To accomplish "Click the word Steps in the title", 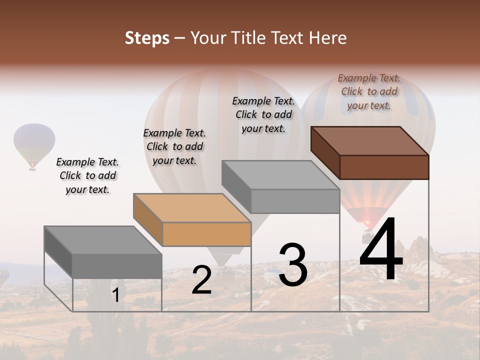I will [147, 38].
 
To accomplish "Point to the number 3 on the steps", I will [293, 265].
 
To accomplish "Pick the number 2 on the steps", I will [201, 280].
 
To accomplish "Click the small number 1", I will [115, 295].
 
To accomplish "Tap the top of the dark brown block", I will [370, 140].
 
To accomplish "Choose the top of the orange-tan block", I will [192, 207].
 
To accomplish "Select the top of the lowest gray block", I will [103, 240].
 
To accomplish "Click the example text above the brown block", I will [369, 91].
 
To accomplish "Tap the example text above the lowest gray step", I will [87, 175].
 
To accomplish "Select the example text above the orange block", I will [174, 146].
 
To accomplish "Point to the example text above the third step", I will [263, 114].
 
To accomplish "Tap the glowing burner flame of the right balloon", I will [368, 222].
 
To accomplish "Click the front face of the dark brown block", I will [384, 167].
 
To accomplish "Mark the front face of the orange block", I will [206, 234].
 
